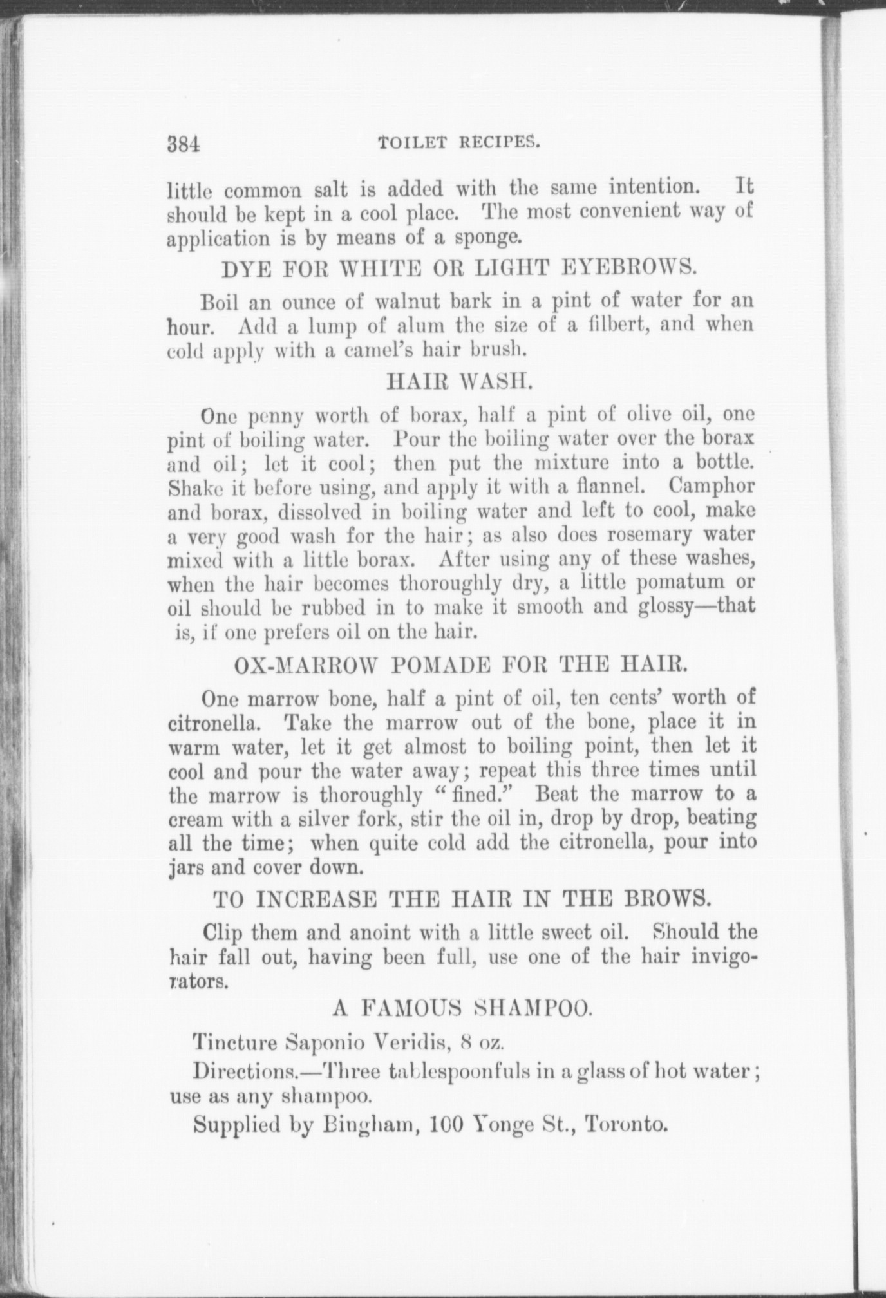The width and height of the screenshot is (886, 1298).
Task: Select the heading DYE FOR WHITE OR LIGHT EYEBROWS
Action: click(458, 268)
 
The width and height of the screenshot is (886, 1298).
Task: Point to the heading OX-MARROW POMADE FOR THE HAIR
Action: click(458, 664)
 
